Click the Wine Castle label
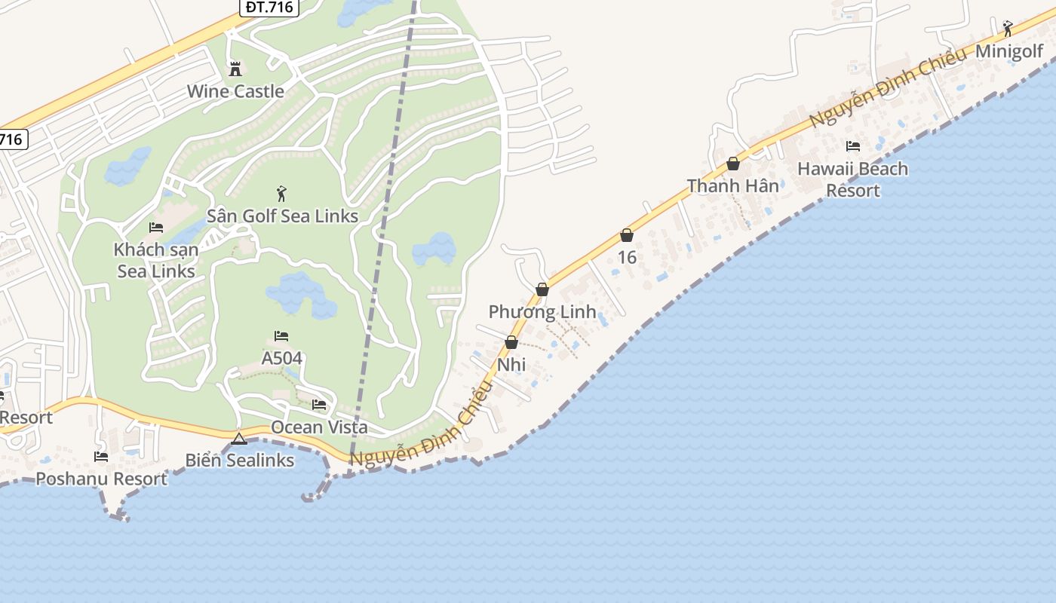coord(235,92)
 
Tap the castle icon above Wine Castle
coord(235,69)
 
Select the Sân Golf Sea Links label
coord(282,216)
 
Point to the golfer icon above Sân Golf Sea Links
coord(281,194)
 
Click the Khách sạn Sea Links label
coord(156,260)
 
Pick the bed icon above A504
coord(281,336)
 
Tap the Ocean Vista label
coord(319,427)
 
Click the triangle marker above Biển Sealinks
coord(239,439)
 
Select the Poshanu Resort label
coord(102,479)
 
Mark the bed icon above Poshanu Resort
coord(100,457)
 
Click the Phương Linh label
coord(542,312)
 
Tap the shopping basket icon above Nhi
coord(511,343)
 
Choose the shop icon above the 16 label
coord(626,236)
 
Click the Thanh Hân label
coord(732,186)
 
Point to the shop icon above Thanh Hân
coord(732,164)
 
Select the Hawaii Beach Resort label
coord(852,179)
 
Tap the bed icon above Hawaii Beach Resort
coord(853,146)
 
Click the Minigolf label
coord(1009,51)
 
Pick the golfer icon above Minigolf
coord(1008,29)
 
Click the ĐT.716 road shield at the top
coord(270,8)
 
